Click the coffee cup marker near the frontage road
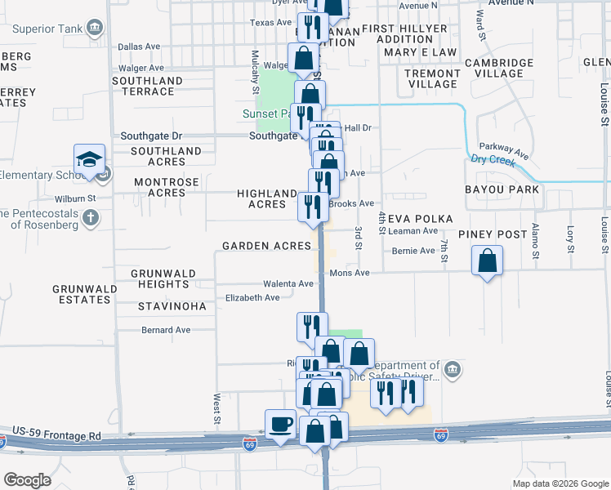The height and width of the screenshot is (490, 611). coord(280,425)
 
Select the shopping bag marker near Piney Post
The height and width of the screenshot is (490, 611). coord(487,262)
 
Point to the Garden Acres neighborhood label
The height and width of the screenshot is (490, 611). coord(266,246)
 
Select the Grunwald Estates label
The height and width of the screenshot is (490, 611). coord(81,294)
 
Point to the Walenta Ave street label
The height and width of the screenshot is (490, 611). coord(288,284)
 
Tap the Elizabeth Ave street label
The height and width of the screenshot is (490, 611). coord(252,298)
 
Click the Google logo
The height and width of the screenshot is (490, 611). coord(28,480)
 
